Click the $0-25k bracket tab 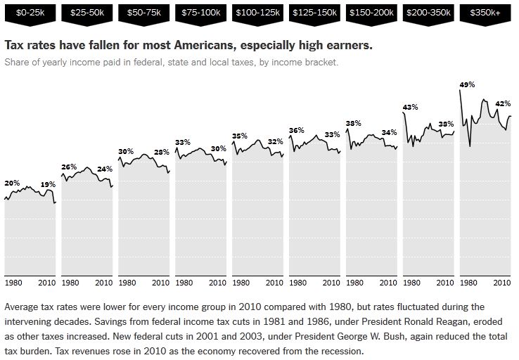[30, 13]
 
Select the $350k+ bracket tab [485, 13]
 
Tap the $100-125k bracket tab [257, 13]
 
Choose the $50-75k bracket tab [143, 13]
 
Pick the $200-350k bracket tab [428, 13]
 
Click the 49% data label [467, 84]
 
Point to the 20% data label [12, 183]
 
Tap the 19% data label [48, 184]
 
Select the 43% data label [410, 107]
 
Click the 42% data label [503, 103]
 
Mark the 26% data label [69, 167]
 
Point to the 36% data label [296, 130]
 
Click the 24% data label [105, 169]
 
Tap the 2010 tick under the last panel [502, 283]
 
